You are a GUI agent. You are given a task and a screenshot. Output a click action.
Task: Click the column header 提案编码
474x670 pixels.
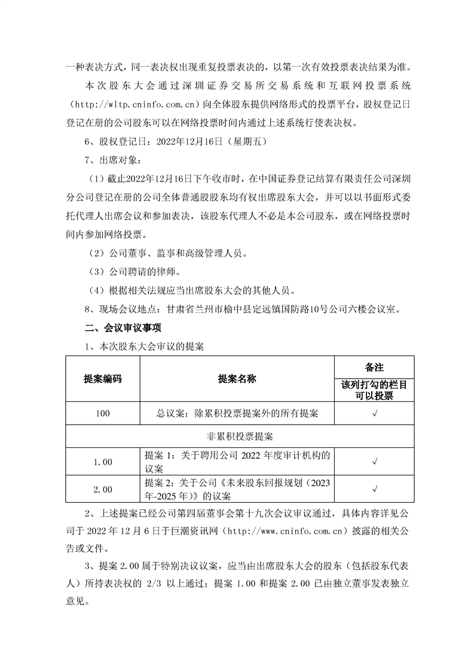point(102,379)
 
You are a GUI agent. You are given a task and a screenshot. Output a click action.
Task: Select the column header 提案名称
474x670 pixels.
point(237,379)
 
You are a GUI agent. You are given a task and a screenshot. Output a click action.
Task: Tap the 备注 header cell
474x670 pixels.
point(374,366)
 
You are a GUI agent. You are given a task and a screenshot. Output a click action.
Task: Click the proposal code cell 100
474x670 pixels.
point(102,413)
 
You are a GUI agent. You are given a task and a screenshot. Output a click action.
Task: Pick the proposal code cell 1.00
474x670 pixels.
point(102,461)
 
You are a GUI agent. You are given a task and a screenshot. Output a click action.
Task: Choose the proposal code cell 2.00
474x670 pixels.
point(102,489)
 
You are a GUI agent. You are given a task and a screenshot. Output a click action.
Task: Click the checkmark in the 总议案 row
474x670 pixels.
point(374,413)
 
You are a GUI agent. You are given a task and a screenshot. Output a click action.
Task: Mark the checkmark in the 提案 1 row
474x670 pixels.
point(374,461)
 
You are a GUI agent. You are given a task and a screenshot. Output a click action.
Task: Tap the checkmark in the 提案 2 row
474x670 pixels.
point(374,489)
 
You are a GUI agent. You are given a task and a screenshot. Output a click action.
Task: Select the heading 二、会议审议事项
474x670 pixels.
point(123,328)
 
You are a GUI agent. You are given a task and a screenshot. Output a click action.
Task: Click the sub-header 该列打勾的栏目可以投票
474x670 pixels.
point(374,390)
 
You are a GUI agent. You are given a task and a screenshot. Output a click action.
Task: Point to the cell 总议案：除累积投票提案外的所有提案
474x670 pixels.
point(237,413)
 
